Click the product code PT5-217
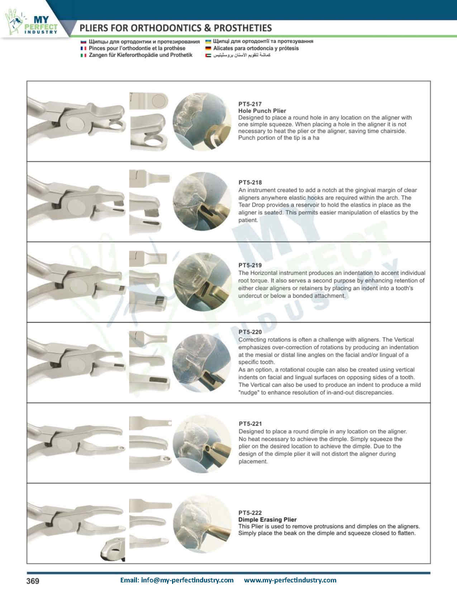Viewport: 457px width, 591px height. tap(250, 104)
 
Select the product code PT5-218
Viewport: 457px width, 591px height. tap(250, 183)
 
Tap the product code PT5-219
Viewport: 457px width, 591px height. tap(250, 265)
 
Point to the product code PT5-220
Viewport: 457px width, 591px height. tap(250, 332)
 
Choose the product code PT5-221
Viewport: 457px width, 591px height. tap(250, 424)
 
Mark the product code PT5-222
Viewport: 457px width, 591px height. tap(250, 513)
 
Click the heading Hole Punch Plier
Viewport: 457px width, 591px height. tap(262, 111)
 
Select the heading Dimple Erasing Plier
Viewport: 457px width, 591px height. tap(267, 519)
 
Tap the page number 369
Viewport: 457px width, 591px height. tap(33, 581)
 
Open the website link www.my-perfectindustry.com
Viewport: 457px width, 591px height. tap(290, 580)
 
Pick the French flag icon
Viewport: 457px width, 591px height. tap(83, 48)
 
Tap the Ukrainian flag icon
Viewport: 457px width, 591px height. tap(208, 42)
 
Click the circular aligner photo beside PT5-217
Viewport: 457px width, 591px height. tap(202, 121)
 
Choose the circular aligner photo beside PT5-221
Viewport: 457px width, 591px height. tap(202, 444)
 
